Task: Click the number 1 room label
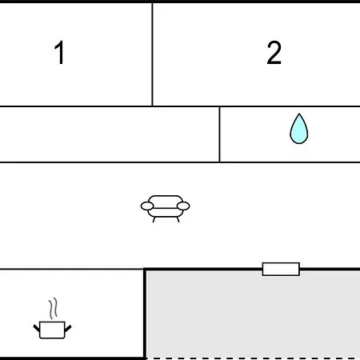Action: tap(59, 53)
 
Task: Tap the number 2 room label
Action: tap(274, 53)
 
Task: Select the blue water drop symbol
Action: tap(299, 129)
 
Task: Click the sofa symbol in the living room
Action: tap(165, 209)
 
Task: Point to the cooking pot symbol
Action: tap(52, 330)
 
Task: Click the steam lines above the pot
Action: tap(53, 308)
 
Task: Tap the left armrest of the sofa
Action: tap(147, 206)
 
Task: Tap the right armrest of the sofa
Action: tap(183, 206)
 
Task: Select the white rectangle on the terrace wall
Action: tap(281, 269)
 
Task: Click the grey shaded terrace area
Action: tap(253, 314)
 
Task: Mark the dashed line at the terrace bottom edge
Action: tap(253, 358)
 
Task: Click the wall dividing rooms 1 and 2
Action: tap(152, 54)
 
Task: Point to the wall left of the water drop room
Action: tap(219, 134)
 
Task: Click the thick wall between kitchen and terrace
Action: tap(145, 314)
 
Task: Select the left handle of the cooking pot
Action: tap(37, 328)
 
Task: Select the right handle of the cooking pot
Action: tap(68, 329)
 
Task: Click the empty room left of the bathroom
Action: tap(110, 134)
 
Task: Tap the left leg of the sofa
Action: tap(154, 219)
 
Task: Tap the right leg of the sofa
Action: tap(178, 219)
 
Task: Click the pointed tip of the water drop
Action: tap(299, 114)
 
